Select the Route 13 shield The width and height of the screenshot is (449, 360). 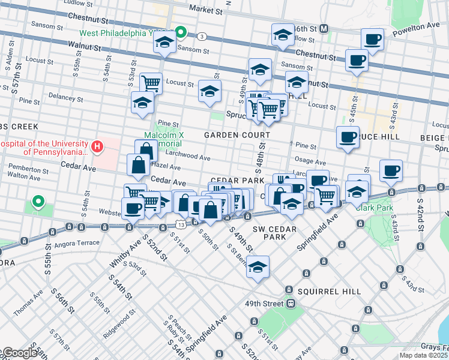[180, 224]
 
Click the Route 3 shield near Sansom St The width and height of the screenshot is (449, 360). [203, 37]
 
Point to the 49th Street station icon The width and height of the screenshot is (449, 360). [290, 304]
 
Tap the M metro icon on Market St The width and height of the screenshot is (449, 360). [324, 28]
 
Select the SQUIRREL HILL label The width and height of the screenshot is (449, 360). [332, 292]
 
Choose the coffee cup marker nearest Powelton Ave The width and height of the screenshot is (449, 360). [372, 40]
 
